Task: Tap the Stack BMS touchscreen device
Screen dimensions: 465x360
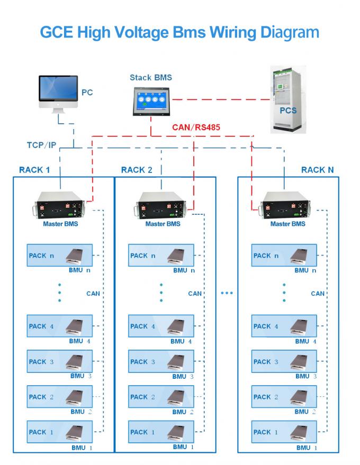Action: (150, 101)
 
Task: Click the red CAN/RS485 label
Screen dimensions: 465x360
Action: (196, 127)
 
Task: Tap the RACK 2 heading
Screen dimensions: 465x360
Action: (136, 170)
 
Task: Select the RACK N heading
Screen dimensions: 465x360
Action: (317, 170)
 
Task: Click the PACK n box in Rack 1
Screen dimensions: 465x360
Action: (60, 256)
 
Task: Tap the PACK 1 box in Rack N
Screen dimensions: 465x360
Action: (284, 432)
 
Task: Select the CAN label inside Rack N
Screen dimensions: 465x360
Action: (318, 294)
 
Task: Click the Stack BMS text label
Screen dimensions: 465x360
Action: (150, 77)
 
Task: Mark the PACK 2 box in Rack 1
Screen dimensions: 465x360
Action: (60, 397)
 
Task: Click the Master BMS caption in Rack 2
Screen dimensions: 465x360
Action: (161, 224)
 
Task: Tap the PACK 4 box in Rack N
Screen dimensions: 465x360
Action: (284, 326)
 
